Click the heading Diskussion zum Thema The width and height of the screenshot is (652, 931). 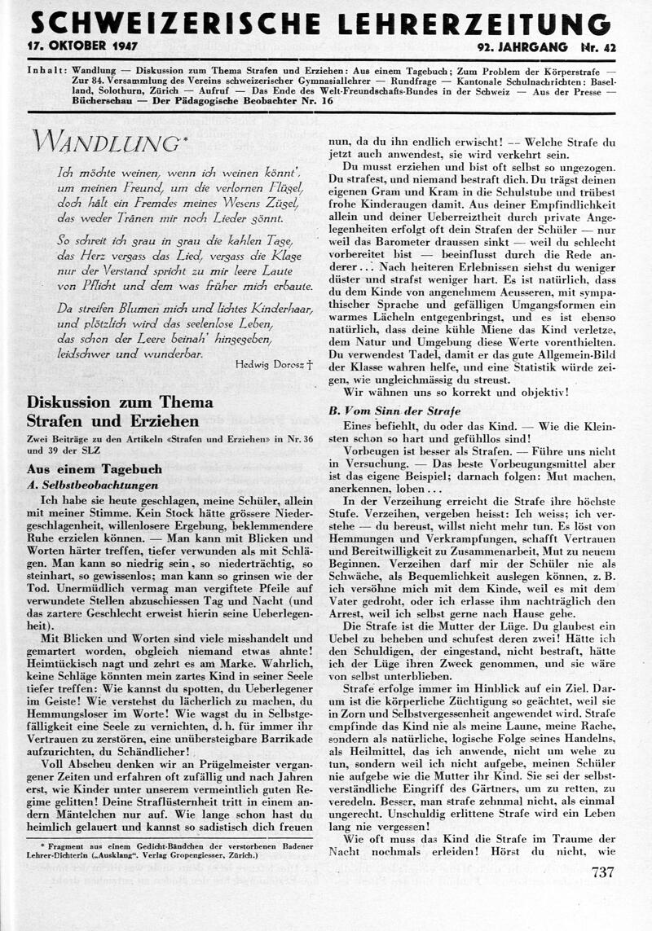click(x=120, y=402)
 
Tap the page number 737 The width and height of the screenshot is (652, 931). click(x=601, y=872)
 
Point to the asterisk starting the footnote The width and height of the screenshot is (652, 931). click(x=42, y=847)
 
